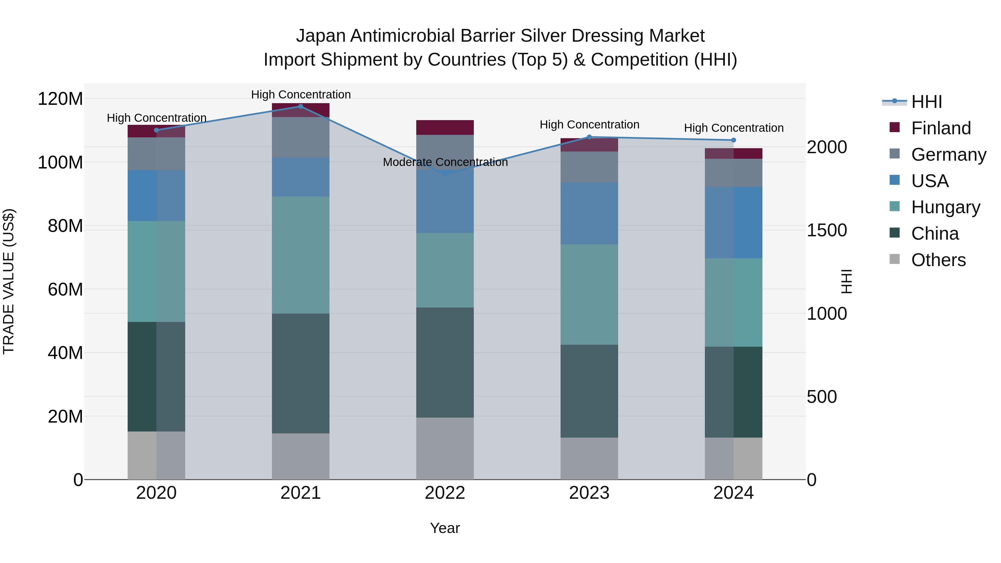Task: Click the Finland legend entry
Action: coord(941,128)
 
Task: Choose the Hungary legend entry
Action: coord(945,207)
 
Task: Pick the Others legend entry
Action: coord(938,260)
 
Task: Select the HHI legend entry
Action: coord(926,102)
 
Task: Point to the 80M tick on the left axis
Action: coord(65,226)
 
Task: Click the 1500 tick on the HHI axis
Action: coord(827,230)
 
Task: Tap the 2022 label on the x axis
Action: coord(445,493)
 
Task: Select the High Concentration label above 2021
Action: coord(301,95)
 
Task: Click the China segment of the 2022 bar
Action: coord(445,363)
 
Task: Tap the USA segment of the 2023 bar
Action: coord(589,213)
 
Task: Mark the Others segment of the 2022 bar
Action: coord(445,448)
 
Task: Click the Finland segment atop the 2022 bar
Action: coord(445,127)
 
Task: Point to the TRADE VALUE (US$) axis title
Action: coord(9,281)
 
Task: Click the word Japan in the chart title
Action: coord(321,36)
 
